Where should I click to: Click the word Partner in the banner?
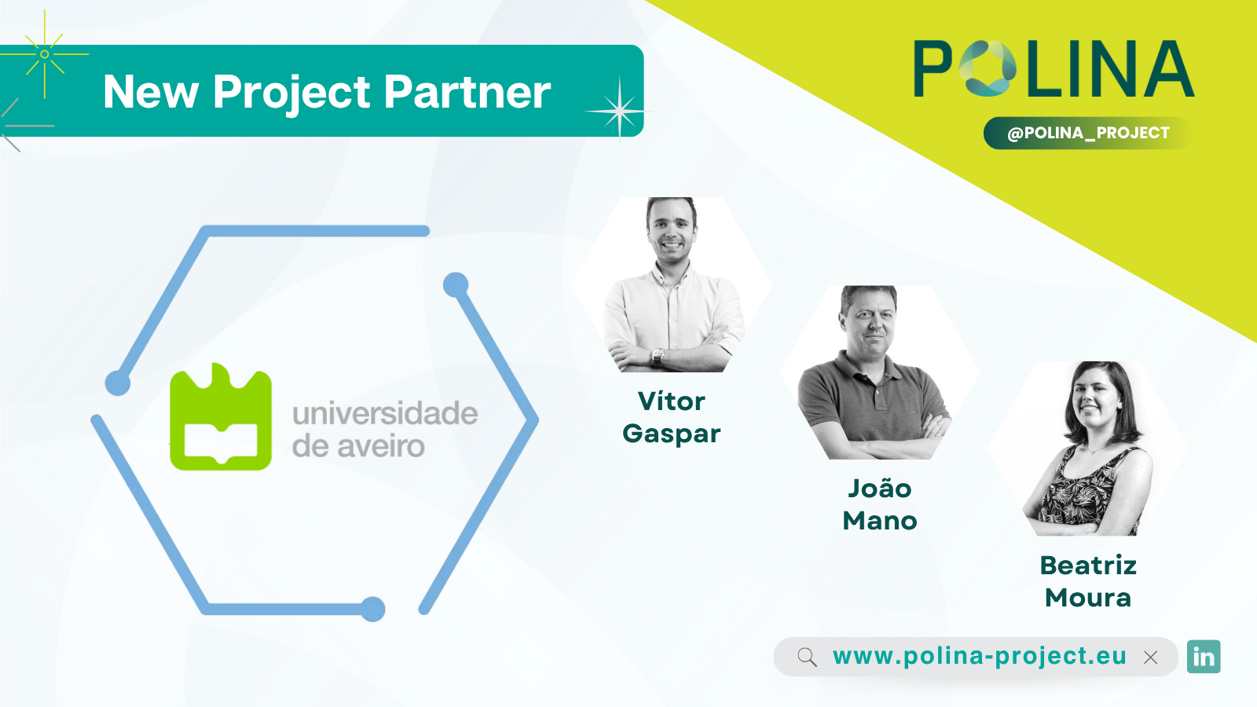pyautogui.click(x=467, y=91)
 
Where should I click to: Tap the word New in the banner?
pyautogui.click(x=150, y=91)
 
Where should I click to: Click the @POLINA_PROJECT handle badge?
pyautogui.click(x=1087, y=133)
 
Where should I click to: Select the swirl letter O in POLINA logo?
pyautogui.click(x=988, y=68)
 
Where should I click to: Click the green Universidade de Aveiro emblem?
pyautogui.click(x=221, y=416)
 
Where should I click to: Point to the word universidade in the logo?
pyautogui.click(x=385, y=413)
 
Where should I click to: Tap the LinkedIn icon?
pyautogui.click(x=1204, y=657)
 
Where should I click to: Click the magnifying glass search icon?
pyautogui.click(x=807, y=657)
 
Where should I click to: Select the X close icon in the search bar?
pyautogui.click(x=1150, y=657)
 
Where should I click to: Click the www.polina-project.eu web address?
pyautogui.click(x=980, y=656)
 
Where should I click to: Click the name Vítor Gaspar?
pyautogui.click(x=671, y=417)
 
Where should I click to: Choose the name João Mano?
pyautogui.click(x=879, y=504)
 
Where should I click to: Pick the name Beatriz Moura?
pyautogui.click(x=1088, y=581)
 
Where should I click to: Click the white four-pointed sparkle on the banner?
pyautogui.click(x=619, y=111)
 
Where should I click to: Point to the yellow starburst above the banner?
pyautogui.click(x=44, y=54)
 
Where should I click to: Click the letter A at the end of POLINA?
pyautogui.click(x=1170, y=68)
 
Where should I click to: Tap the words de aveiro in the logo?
pyautogui.click(x=358, y=446)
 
